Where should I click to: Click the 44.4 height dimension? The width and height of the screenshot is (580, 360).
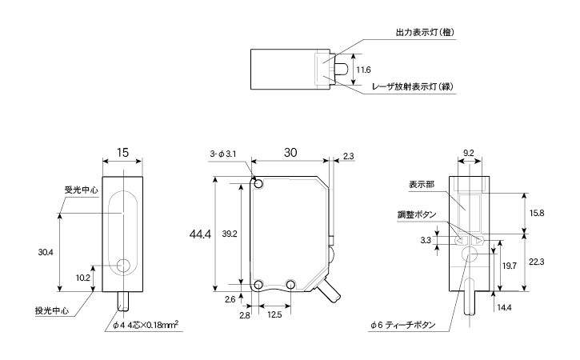[x=200, y=234]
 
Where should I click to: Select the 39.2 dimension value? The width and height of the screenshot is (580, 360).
[x=230, y=234]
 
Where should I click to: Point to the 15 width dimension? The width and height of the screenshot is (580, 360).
[x=122, y=152]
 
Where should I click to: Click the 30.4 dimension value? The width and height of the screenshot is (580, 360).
[x=46, y=252]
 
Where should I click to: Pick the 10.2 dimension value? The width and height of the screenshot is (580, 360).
[x=82, y=278]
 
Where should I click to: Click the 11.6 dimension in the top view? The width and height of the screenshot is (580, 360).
[x=362, y=70]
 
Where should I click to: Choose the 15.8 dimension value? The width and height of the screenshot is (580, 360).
[x=537, y=213]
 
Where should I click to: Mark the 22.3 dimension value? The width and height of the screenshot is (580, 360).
[x=537, y=262]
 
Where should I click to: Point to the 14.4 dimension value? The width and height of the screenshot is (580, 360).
[x=504, y=306]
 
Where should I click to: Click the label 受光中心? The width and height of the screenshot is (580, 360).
[x=81, y=190]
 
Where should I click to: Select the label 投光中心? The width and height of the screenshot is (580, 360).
[x=51, y=310]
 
